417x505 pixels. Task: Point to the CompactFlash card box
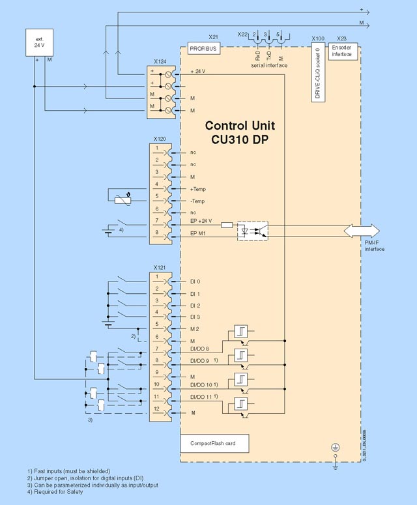click(215, 444)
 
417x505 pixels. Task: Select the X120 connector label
click(159, 139)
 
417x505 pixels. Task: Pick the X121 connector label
click(159, 268)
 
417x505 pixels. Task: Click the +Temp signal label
click(198, 188)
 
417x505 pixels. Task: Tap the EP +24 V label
click(201, 222)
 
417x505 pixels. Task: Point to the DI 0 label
click(195, 281)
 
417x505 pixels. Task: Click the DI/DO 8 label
click(199, 349)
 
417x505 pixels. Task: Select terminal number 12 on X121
click(157, 409)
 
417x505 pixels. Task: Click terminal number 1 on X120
click(157, 148)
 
